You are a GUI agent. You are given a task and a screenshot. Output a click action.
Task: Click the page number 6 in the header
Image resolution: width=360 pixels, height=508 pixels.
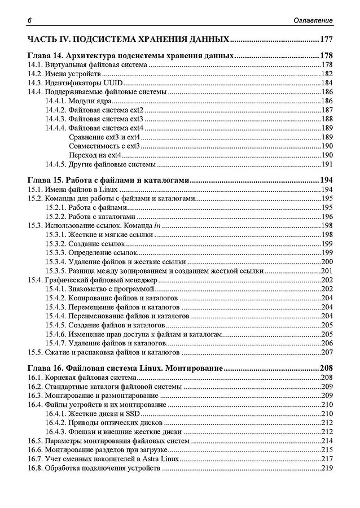(28, 21)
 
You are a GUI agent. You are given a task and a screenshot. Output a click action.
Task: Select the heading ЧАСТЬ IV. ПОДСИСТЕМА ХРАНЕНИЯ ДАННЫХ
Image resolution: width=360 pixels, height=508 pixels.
(128, 40)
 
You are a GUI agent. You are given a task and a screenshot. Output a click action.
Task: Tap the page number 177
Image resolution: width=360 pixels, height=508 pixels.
(326, 40)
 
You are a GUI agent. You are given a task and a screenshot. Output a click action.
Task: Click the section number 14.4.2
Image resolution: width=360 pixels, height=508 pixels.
(56, 110)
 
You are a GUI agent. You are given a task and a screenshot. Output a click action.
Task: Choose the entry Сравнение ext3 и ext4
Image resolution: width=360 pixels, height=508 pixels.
(103, 137)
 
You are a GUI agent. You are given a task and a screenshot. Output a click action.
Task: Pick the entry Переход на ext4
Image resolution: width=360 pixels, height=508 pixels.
(95, 155)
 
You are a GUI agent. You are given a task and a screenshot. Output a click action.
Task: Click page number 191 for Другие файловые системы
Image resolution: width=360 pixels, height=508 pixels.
(327, 164)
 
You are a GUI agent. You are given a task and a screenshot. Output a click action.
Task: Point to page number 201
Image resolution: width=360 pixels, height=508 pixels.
(327, 271)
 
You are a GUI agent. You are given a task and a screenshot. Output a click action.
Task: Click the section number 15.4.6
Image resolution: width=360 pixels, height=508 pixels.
(56, 334)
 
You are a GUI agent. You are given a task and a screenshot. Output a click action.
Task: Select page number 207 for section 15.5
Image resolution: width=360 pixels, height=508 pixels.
(327, 352)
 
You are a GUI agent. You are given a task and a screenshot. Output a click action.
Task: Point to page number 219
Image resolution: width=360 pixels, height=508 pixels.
(327, 468)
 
